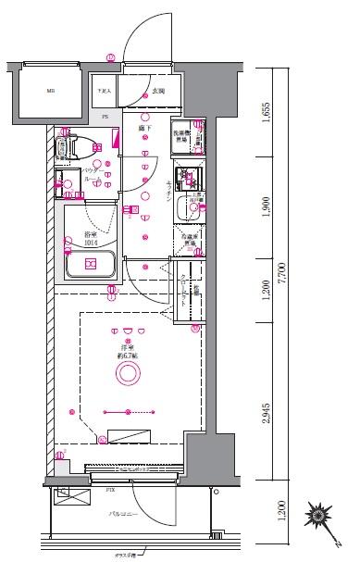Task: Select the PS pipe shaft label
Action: (x=106, y=118)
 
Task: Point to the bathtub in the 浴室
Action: (x=91, y=264)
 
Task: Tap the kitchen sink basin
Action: (x=192, y=208)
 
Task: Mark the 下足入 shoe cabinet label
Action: (x=106, y=92)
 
